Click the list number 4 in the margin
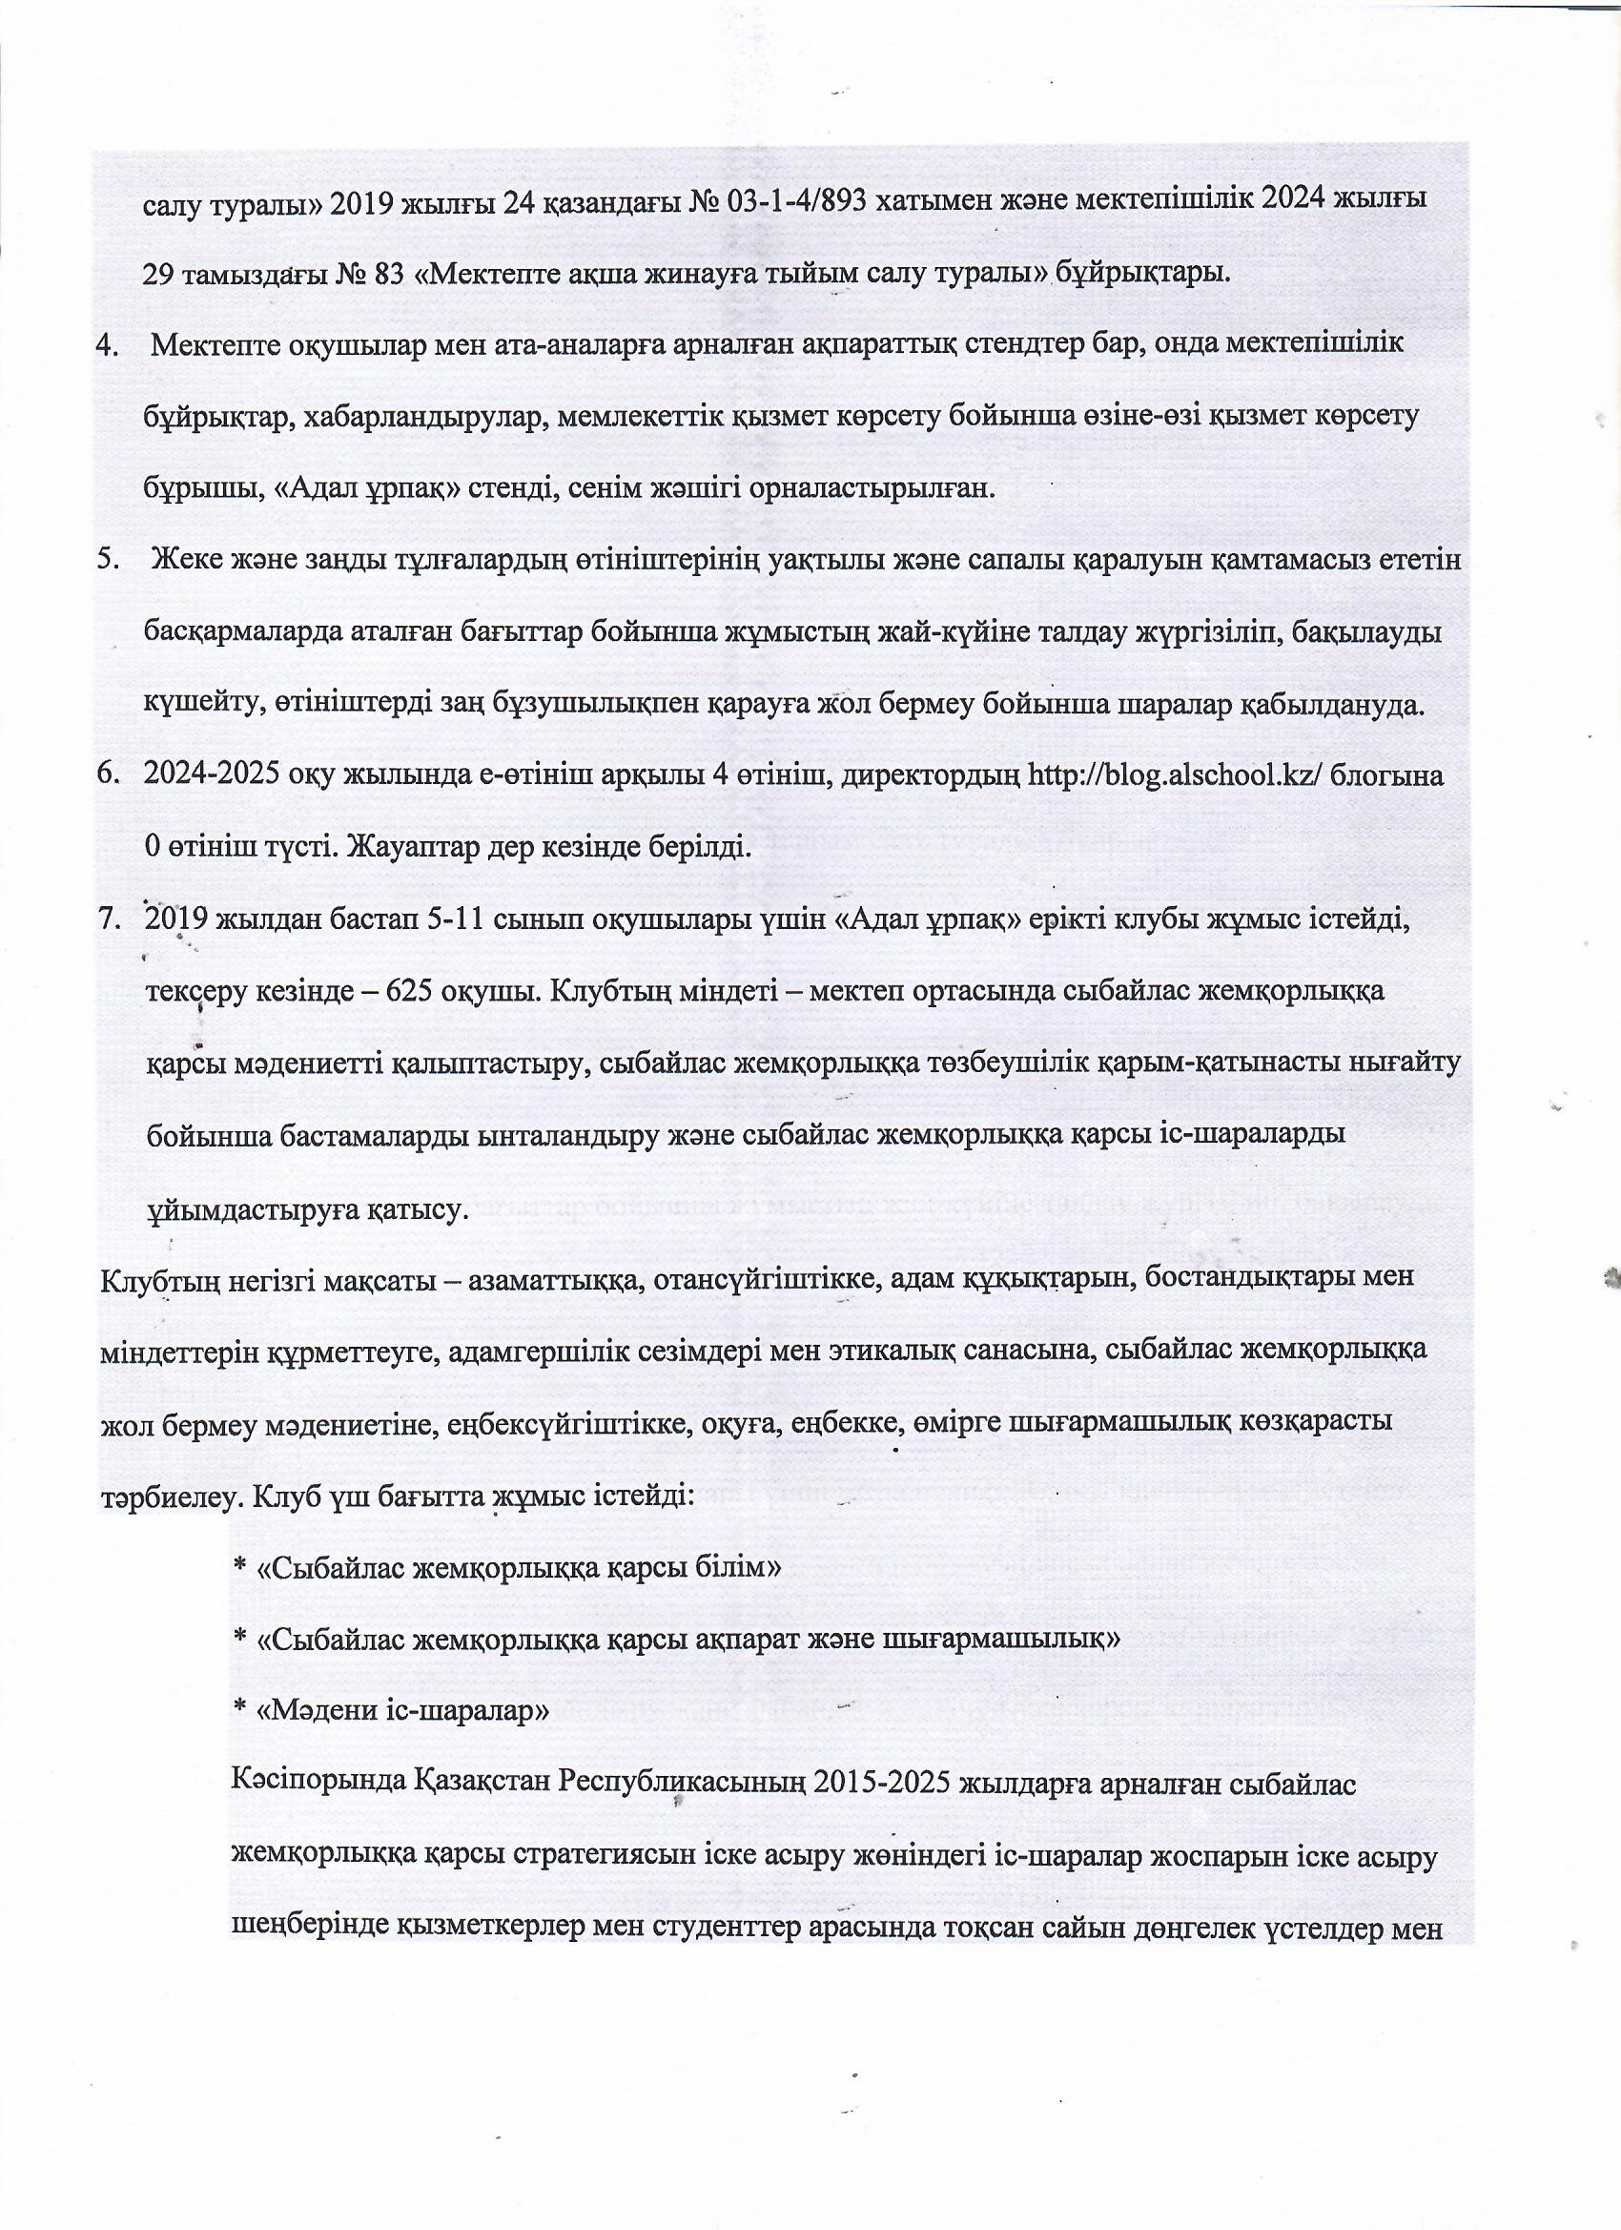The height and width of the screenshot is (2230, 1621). tap(103, 346)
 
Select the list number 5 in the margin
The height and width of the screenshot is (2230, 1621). tap(103, 562)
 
